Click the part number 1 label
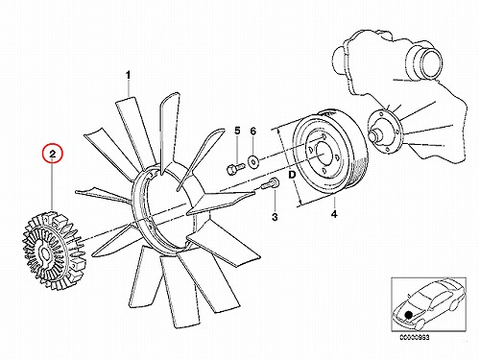tap(128, 76)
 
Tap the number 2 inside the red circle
tap(53, 154)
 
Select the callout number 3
tap(275, 217)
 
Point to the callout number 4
tap(334, 214)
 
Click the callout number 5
tap(237, 131)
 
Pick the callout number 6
tap(252, 131)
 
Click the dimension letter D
tap(292, 175)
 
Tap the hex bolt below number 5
tap(234, 168)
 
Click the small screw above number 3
tap(271, 183)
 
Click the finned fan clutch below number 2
tap(55, 249)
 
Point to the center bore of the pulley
tap(324, 153)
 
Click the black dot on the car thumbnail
tap(408, 315)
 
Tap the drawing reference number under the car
tap(415, 337)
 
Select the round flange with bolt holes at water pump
tap(384, 131)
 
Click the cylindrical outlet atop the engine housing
tap(425, 64)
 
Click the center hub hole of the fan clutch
tap(44, 253)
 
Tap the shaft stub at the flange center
tap(375, 134)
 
